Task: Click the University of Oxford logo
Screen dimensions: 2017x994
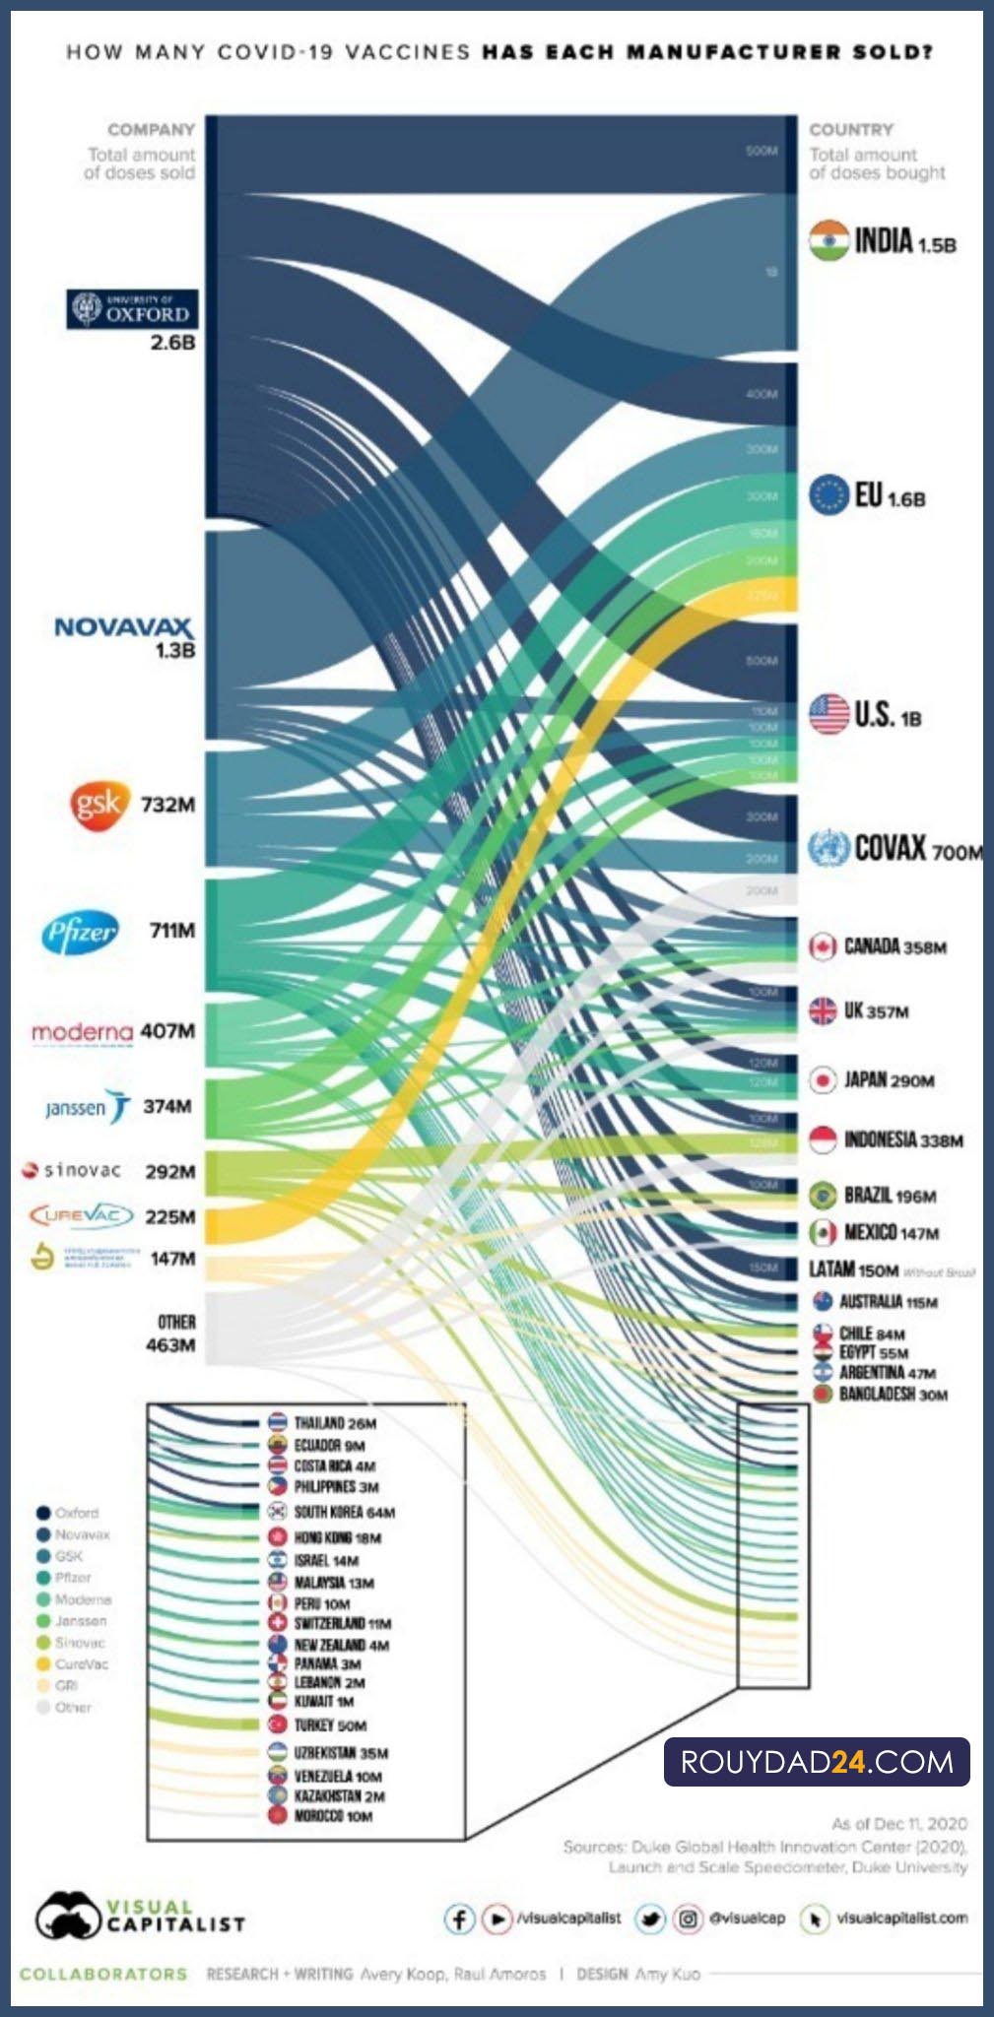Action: point(132,309)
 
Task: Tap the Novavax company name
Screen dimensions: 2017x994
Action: point(123,627)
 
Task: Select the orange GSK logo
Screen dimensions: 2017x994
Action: point(99,805)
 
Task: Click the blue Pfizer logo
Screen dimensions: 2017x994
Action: point(80,932)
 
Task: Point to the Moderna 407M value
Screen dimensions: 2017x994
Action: point(167,1031)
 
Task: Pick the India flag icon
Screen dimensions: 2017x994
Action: point(828,240)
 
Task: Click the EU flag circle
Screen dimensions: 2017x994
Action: point(829,494)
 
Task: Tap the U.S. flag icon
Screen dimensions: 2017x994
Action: point(828,714)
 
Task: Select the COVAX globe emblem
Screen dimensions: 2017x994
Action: point(828,848)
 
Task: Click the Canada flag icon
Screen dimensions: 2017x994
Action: point(823,946)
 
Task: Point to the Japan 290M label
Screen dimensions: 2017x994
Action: point(889,1080)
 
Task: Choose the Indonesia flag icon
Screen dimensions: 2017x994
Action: point(823,1139)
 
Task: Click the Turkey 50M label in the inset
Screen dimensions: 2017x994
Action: point(330,1725)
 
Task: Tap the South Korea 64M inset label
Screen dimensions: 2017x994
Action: point(344,1512)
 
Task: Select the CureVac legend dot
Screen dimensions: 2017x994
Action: point(42,1664)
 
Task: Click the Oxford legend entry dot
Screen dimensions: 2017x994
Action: point(42,1513)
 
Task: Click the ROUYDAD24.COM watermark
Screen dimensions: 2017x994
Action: point(817,1762)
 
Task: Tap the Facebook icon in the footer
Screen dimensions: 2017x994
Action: point(459,1919)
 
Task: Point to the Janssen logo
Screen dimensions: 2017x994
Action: point(87,1107)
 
